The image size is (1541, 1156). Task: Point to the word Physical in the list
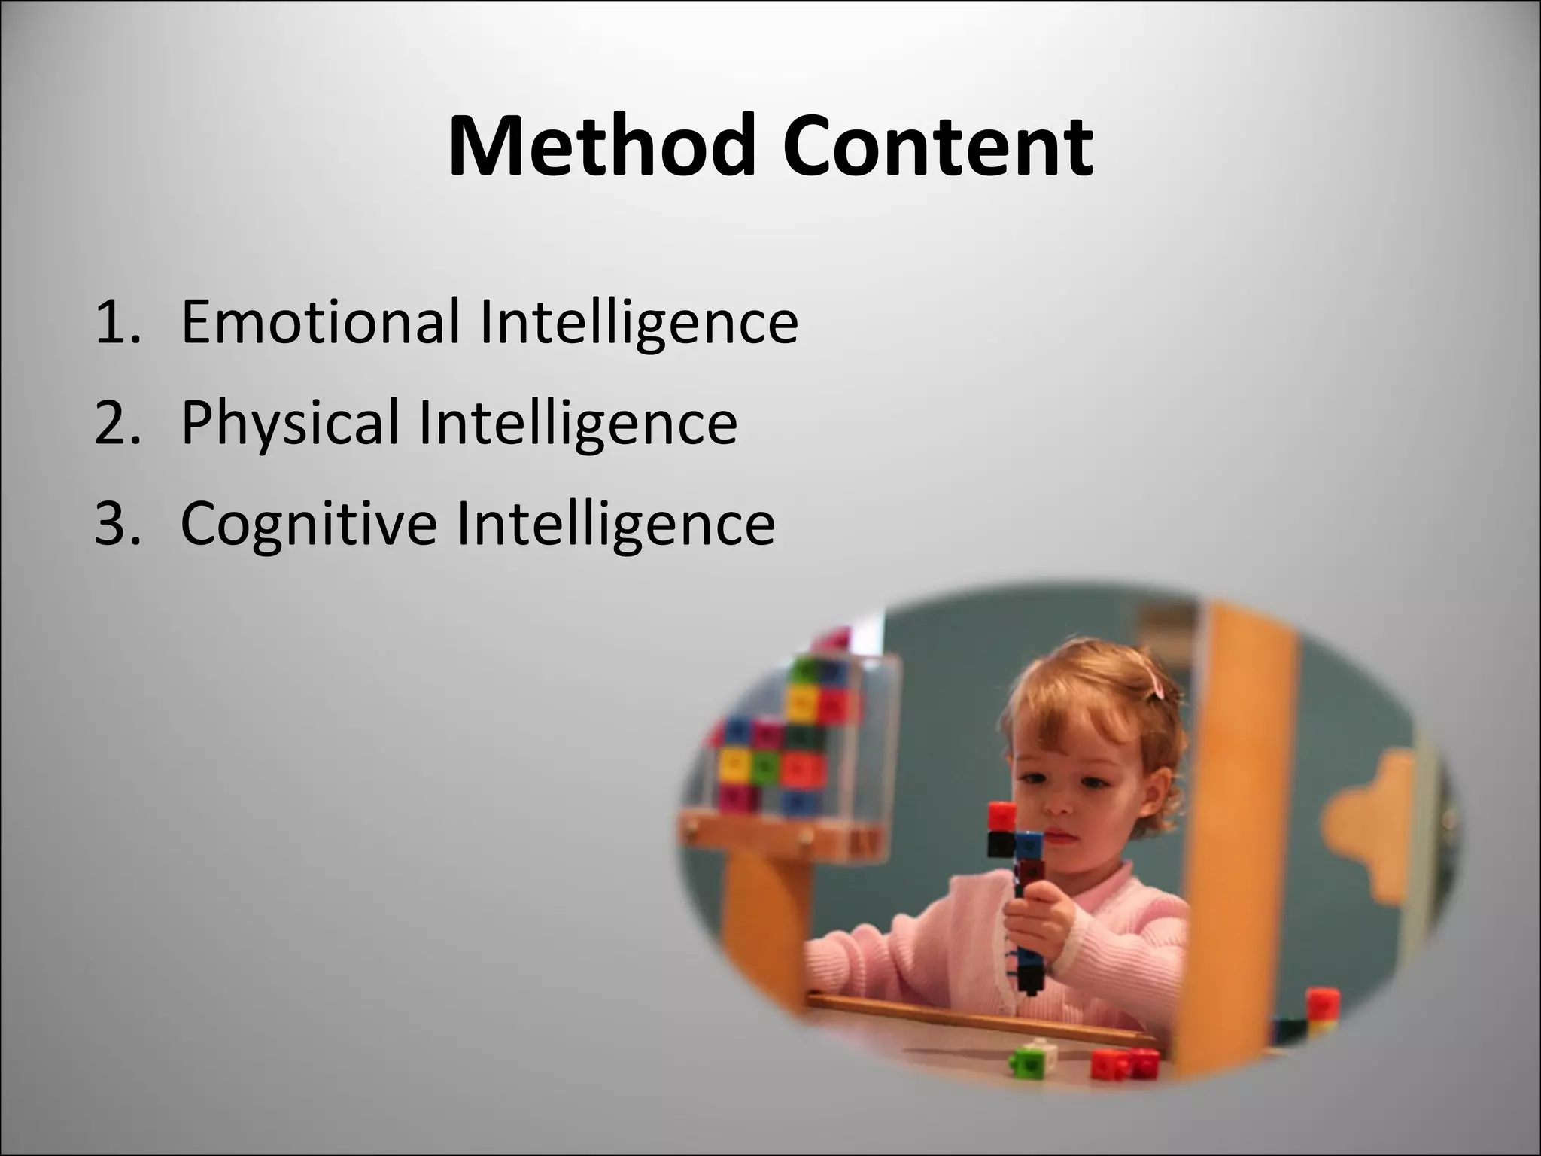point(290,422)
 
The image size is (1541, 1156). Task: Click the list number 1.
point(117,323)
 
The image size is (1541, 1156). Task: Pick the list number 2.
point(117,423)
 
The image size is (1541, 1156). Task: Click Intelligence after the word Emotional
point(638,323)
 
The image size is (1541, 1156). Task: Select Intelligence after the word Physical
point(578,423)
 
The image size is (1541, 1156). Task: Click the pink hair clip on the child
point(1156,684)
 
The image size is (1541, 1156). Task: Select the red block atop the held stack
point(1001,816)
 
